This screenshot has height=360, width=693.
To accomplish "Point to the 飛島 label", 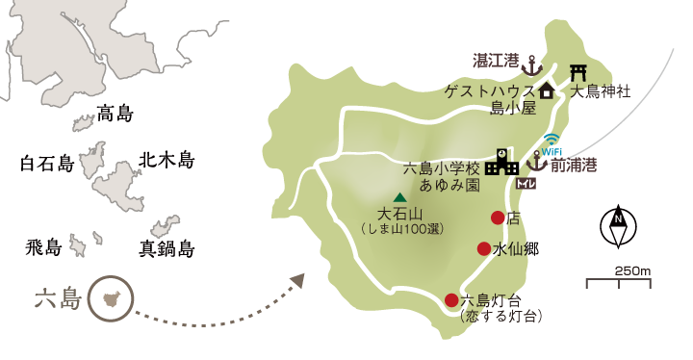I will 43,248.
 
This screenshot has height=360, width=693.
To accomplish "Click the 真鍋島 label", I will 167,249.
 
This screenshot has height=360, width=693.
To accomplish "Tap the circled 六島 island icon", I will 109,299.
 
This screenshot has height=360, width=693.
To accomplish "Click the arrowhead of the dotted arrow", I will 297,280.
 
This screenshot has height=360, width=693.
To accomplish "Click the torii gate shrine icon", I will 578,72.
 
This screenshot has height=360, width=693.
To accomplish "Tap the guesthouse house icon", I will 547,91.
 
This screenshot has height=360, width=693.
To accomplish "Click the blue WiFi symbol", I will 551,143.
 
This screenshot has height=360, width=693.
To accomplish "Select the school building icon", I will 501,162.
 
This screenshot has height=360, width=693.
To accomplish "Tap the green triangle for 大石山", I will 399,197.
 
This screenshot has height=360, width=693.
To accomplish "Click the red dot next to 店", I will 498,218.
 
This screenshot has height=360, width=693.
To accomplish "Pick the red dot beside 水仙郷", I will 484,248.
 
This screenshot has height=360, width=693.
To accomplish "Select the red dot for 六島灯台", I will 451,300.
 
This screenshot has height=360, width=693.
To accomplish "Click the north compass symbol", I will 617,226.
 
